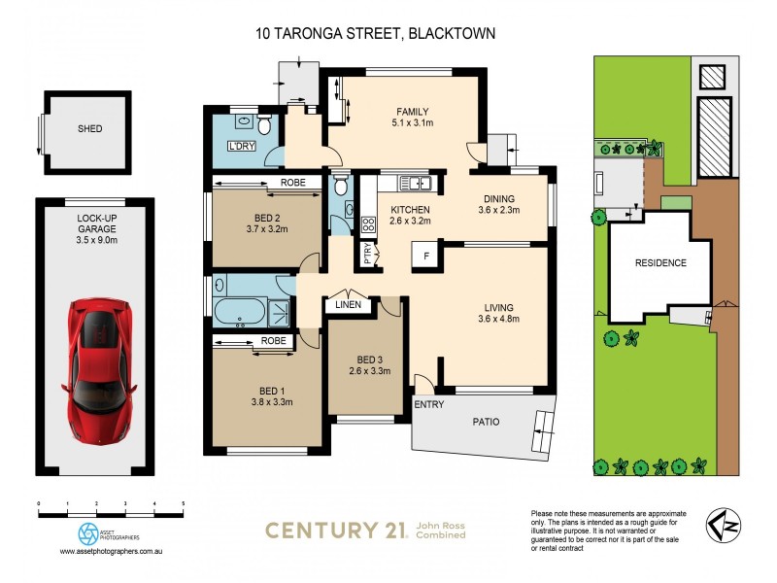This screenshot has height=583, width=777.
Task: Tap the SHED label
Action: [89, 128]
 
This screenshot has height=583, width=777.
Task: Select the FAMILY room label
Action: [412, 111]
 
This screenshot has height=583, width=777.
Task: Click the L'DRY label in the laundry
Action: [240, 148]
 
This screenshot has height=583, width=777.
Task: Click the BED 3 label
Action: [368, 357]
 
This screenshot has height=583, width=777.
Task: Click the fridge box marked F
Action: [426, 257]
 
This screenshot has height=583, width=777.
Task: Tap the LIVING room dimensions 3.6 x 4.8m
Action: [503, 322]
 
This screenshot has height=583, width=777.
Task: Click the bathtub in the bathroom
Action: [238, 313]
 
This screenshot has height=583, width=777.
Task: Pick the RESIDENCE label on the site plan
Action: [660, 262]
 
